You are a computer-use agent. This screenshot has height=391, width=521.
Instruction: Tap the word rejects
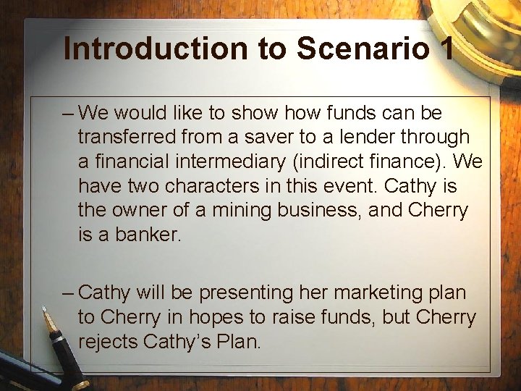(x=109, y=342)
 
